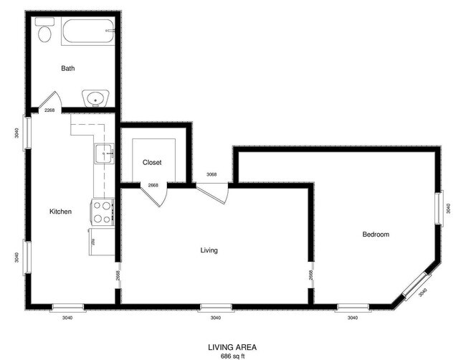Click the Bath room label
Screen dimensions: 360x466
[x=68, y=69]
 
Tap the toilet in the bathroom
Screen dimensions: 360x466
[x=45, y=32]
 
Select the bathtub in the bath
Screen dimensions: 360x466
[x=87, y=32]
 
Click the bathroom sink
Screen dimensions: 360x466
[x=93, y=98]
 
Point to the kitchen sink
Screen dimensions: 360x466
[x=105, y=152]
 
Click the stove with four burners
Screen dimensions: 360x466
[x=102, y=212]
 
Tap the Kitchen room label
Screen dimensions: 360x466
[x=60, y=212]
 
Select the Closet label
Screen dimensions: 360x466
[x=152, y=163]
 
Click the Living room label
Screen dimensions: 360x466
[x=209, y=250]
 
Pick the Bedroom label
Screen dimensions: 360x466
[x=376, y=235]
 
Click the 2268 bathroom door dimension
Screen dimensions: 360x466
[x=49, y=110]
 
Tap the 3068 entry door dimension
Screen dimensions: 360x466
[x=211, y=174]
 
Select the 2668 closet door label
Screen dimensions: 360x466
[x=153, y=186]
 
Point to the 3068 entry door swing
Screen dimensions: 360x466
[x=213, y=192]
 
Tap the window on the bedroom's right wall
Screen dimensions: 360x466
[x=442, y=208]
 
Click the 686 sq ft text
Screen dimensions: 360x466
[x=232, y=355]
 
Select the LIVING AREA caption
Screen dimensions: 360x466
[x=232, y=347]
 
